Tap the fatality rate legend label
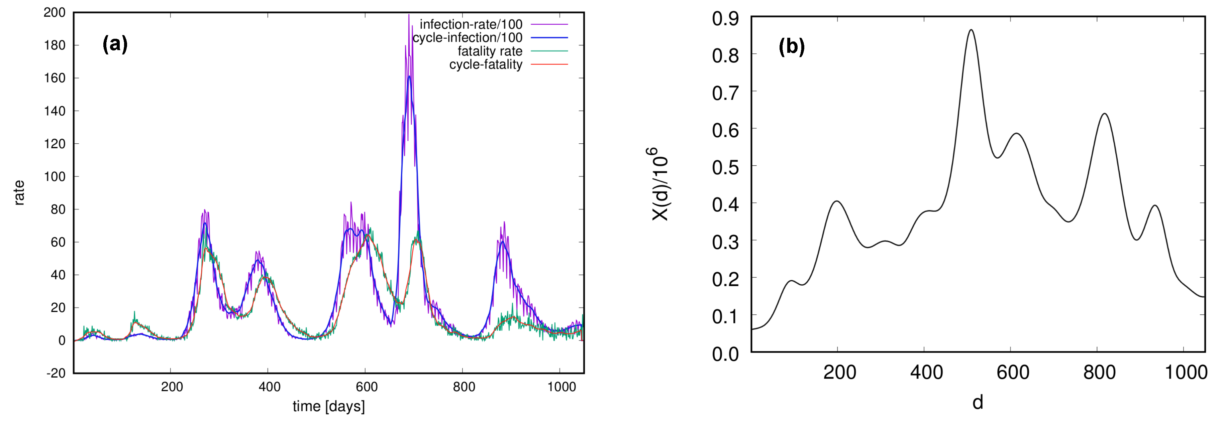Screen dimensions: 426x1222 tap(490, 51)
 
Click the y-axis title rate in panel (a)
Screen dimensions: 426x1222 tap(19, 192)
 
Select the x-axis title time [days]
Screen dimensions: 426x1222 tap(328, 406)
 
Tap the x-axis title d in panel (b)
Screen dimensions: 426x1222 tap(978, 402)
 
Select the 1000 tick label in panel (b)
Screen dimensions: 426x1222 tap(1186, 373)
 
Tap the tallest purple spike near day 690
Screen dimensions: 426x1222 tap(408, 15)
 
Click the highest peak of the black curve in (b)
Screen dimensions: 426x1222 tap(971, 30)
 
